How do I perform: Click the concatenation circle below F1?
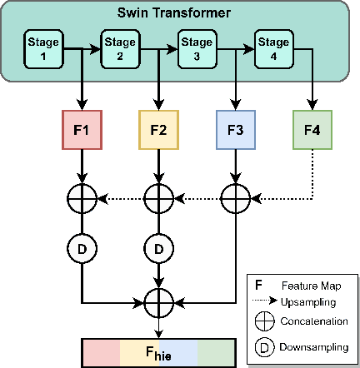(x=81, y=199)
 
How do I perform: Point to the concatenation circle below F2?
(x=157, y=199)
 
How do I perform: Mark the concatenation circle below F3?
(x=235, y=199)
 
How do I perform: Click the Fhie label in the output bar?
(x=158, y=352)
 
